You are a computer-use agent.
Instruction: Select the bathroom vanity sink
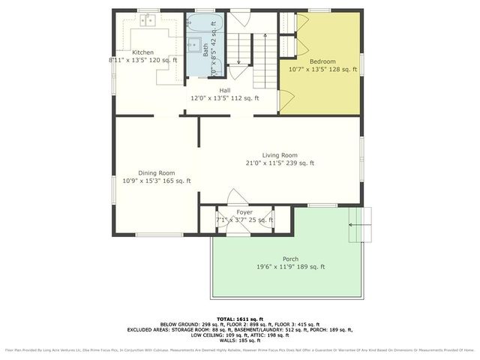tap(193, 43)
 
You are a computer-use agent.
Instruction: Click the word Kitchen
tap(143, 52)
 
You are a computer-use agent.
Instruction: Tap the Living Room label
tap(280, 155)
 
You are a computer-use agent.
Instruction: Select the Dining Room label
tap(156, 173)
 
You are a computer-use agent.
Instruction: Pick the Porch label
tap(290, 259)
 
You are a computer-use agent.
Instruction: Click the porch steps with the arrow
tap(361, 223)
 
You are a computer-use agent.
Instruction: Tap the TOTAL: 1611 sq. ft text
tap(240, 319)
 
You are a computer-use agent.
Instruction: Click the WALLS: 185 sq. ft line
tap(240, 341)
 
